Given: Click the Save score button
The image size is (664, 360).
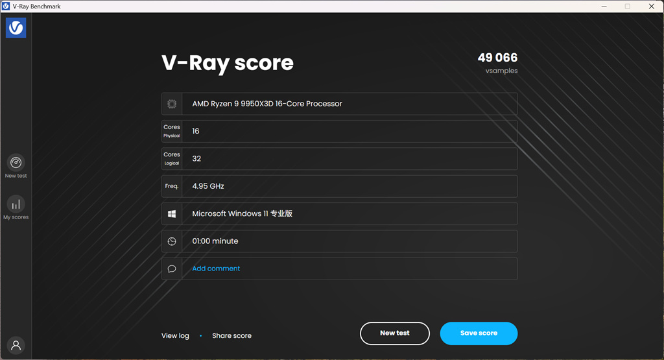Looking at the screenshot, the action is point(479,333).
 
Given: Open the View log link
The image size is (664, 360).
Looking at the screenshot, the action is point(175,335).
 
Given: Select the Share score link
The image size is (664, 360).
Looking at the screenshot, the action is point(231,335).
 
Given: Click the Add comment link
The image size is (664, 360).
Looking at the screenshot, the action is point(216,269).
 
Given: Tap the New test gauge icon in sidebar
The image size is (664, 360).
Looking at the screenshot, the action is point(16,162).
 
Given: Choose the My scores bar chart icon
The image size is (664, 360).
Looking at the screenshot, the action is point(16,204).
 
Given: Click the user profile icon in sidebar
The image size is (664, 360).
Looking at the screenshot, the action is point(16,345).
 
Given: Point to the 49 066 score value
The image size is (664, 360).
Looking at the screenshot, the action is point(497,58).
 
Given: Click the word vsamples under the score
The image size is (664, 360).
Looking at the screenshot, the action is point(501,71).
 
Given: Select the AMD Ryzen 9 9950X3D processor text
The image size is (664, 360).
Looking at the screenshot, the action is point(267,104).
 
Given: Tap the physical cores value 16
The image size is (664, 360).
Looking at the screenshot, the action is point(196,131).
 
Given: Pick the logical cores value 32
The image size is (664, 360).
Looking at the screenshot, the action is point(196,159).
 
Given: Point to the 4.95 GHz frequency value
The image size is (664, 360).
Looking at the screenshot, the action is point(208,186).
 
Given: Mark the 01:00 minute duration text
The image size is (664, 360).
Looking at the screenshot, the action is point(215,241).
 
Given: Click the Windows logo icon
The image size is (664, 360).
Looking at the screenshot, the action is point(171,214).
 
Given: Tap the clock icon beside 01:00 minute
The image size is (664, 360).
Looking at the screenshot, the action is point(171,241).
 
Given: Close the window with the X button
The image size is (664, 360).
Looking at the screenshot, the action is point(651,6).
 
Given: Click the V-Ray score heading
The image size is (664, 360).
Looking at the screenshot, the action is point(228,63).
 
